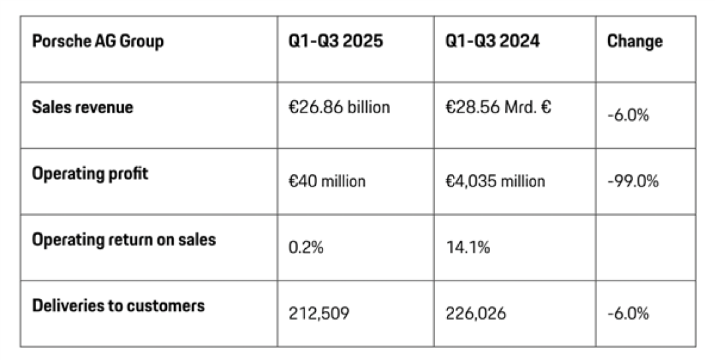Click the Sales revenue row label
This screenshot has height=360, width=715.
83,107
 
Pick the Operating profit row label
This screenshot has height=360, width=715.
90,173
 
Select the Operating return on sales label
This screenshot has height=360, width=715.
124,240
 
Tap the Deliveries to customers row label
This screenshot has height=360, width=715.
118,306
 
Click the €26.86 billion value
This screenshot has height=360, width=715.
339,107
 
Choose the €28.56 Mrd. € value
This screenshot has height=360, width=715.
499,107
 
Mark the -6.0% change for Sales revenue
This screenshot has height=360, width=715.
628,115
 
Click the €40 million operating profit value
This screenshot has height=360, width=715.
327,181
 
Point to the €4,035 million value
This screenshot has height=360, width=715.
495,181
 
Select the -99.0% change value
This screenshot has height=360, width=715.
633,181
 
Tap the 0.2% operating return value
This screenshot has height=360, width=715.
306,247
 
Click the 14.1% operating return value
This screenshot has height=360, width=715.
468,247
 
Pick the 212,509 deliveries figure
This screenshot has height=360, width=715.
318,314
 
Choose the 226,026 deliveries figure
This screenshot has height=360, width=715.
475,314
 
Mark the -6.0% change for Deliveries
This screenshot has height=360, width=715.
628,314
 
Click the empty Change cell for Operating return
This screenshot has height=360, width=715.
645,247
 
